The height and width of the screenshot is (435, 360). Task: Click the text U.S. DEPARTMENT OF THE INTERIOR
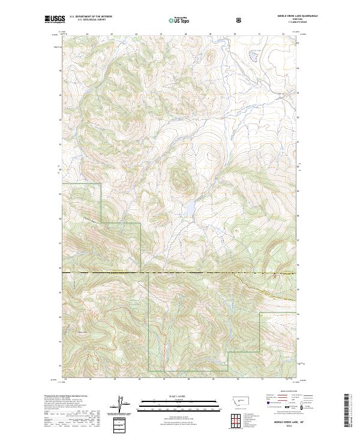pyautogui.click(x=91, y=17)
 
